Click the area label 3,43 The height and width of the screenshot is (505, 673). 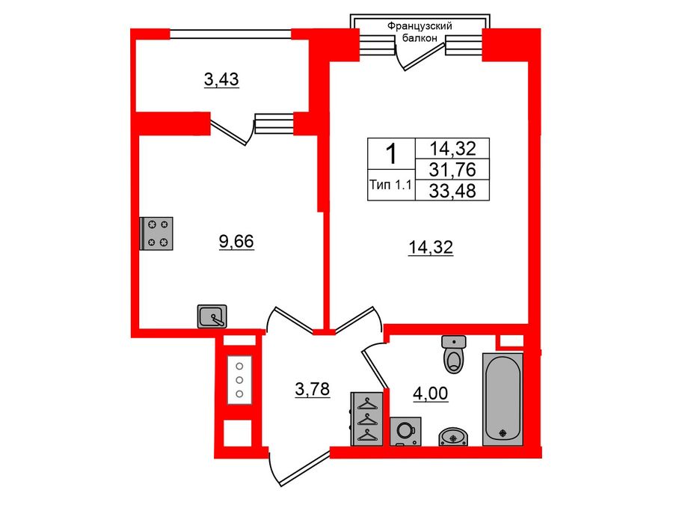tap(221, 79)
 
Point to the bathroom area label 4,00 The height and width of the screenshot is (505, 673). tap(431, 392)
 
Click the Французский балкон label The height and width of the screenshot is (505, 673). tap(420, 32)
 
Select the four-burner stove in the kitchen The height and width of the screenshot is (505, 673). tap(158, 233)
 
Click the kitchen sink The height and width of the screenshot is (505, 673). tap(213, 316)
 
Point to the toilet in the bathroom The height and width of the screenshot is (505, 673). tap(455, 355)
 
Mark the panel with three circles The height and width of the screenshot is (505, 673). tap(239, 380)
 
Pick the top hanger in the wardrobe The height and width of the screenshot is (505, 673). tap(367, 404)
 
